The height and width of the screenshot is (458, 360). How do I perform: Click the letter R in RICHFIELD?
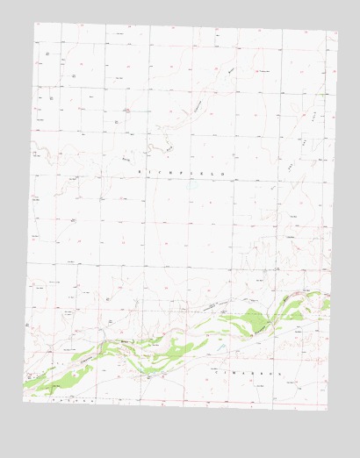[140, 172]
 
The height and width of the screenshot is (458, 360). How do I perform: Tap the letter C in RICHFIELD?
[160, 173]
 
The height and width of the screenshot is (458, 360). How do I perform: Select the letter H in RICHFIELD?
[170, 173]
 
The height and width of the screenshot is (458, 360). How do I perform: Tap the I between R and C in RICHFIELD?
[150, 173]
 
